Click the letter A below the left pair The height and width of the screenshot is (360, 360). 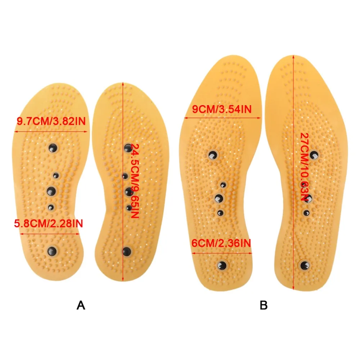[81, 305]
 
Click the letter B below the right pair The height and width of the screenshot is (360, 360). [264, 305]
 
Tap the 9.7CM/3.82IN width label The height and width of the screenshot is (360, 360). [51, 121]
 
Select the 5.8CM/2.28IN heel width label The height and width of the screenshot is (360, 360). [49, 224]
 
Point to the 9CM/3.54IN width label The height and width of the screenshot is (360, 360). [222, 109]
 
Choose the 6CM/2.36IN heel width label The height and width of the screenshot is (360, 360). [221, 243]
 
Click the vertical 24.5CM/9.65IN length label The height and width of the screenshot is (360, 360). [135, 181]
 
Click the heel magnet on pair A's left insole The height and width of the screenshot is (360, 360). [52, 251]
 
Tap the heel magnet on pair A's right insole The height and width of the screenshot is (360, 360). [126, 252]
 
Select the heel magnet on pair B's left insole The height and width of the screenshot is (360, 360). [222, 266]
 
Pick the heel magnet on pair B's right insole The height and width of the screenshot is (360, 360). [305, 266]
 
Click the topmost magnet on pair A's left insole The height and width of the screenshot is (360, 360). [53, 148]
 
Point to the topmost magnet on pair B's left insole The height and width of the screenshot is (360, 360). [213, 156]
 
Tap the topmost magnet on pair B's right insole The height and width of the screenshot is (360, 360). [314, 155]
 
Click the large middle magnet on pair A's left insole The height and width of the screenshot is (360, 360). [51, 191]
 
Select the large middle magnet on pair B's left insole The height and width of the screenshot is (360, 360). [219, 198]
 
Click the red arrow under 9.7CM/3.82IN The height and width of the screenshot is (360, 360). [51, 131]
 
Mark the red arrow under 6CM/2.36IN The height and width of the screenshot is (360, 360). [222, 253]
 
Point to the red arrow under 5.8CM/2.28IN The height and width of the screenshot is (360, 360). [50, 234]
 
